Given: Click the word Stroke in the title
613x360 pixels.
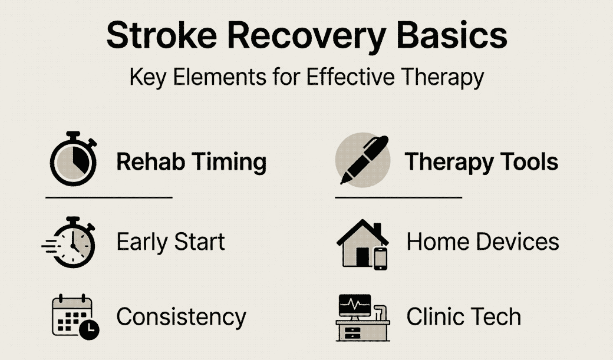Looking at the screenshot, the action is tap(162, 35).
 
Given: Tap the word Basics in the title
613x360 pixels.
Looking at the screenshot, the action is tap(452, 35).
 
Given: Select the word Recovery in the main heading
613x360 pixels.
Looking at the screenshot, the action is tap(307, 38).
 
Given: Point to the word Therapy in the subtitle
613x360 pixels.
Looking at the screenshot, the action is tap(443, 77).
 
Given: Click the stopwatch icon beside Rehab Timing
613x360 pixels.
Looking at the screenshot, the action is tap(73, 158).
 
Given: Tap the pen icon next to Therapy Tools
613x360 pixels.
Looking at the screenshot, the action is tap(363, 160).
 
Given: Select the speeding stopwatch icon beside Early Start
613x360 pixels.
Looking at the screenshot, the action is tap(68, 242).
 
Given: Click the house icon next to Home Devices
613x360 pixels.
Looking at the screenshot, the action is tap(362, 245).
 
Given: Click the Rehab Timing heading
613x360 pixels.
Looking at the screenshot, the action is tap(192, 161).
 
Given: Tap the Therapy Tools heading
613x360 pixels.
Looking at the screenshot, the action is tap(481, 162).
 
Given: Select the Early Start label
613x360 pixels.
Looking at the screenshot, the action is tap(171, 242).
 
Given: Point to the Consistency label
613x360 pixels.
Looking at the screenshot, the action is tap(182, 317).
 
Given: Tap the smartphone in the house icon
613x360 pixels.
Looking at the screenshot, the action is tap(380, 259).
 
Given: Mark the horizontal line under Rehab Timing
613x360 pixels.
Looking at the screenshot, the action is tap(109, 198).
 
